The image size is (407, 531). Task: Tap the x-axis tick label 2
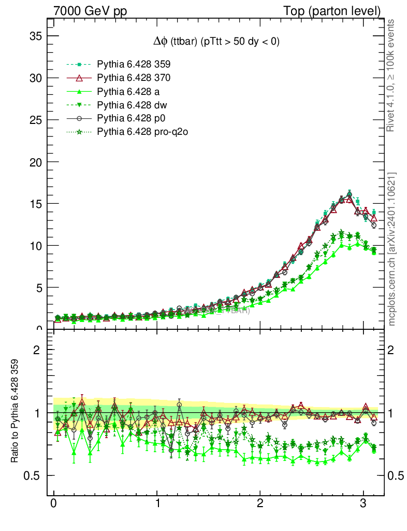[260, 505]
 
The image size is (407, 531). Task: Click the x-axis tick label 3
[364, 505]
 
